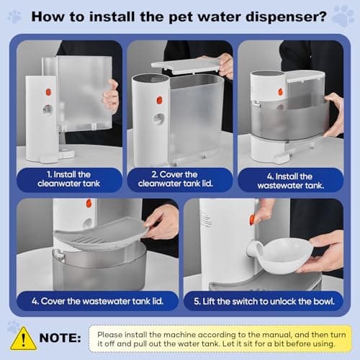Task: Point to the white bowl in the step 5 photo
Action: [x=285, y=254]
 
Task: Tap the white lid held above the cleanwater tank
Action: [x=185, y=66]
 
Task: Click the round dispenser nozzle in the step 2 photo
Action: [x=158, y=118]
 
